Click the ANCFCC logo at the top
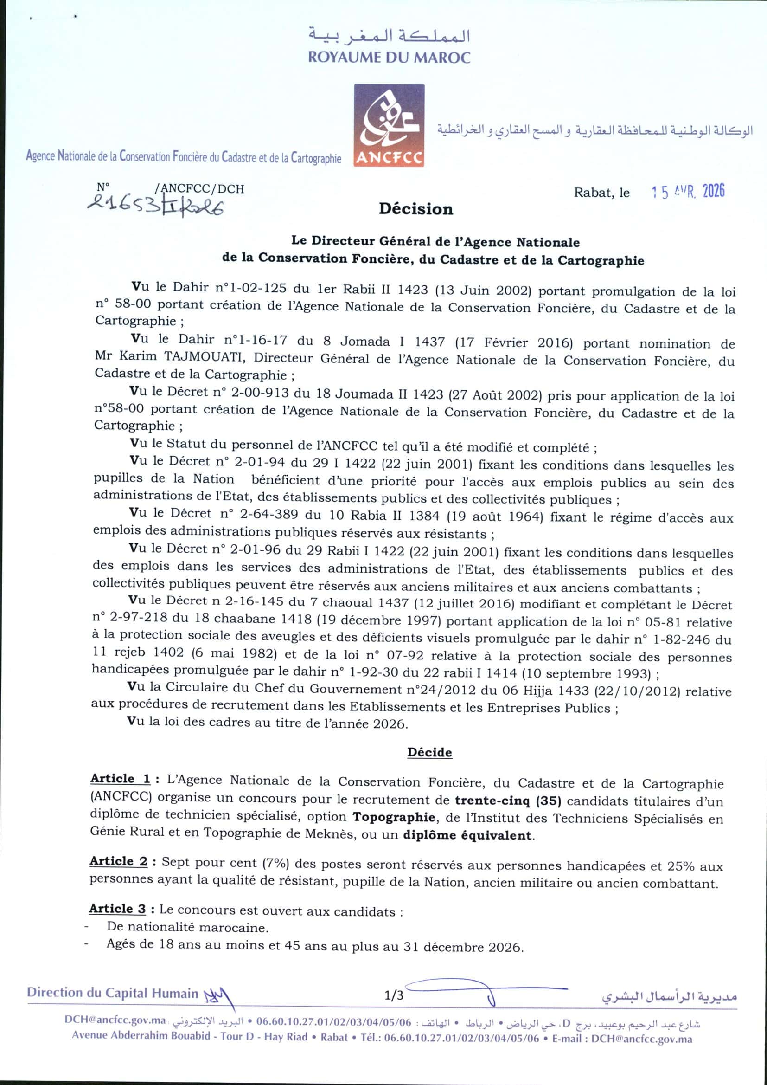pos(389,125)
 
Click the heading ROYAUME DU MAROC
pos(389,58)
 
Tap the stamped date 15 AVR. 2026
pos(688,191)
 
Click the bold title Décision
pos(415,209)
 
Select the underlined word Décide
pos(429,752)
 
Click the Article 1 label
pos(121,778)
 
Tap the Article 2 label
pos(119,861)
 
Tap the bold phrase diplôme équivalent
pos(467,835)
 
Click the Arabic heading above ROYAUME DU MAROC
pos(389,35)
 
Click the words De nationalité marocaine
pos(187,927)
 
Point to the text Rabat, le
pos(602,193)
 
